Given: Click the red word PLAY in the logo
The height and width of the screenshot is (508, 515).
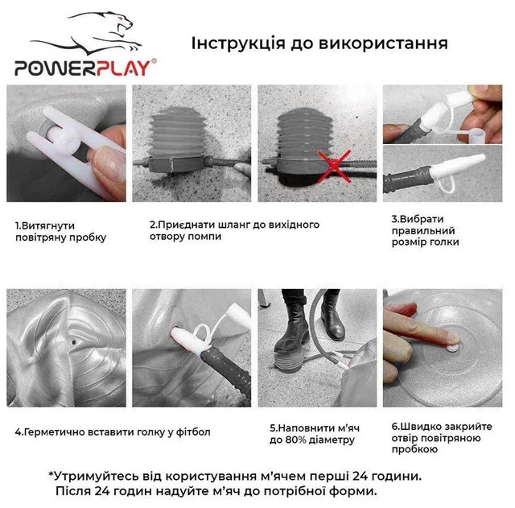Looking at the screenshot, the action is click(x=123, y=68).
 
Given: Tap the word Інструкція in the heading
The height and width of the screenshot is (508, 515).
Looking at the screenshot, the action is click(x=238, y=43).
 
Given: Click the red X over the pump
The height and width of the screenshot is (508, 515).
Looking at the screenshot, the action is click(x=334, y=165).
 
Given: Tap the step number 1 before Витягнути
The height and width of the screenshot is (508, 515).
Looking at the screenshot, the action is click(x=18, y=225).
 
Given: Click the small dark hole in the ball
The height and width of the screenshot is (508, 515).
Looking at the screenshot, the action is click(x=73, y=342).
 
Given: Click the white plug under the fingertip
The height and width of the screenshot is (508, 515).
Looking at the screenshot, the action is click(x=453, y=347).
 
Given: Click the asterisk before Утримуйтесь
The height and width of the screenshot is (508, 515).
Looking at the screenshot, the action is click(x=51, y=474).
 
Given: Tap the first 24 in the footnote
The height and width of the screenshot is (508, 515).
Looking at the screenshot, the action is click(x=360, y=476).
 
